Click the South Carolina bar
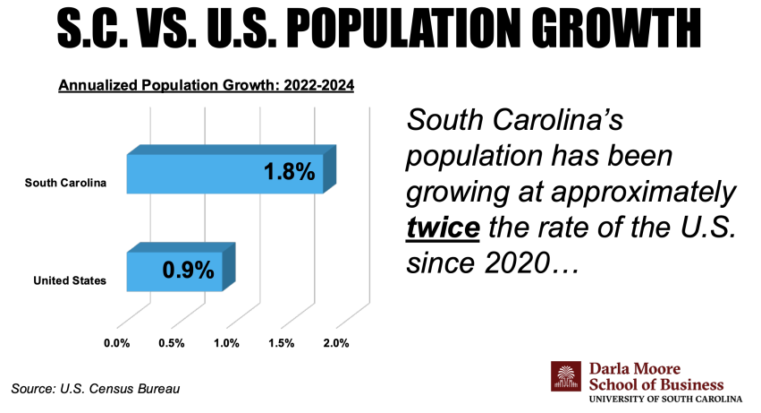click(224, 173)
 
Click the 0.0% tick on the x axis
click(117, 343)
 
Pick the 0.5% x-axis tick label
click(172, 343)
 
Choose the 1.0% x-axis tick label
click(226, 343)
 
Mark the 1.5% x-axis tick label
click(281, 343)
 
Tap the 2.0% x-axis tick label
click(335, 343)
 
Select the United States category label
click(70, 281)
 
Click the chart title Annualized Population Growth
click(207, 87)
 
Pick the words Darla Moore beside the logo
click(635, 367)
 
